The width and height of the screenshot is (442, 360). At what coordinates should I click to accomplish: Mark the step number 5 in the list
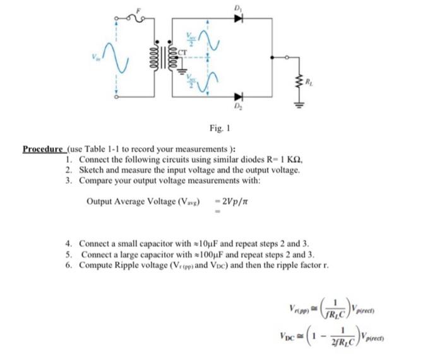pos(69,254)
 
